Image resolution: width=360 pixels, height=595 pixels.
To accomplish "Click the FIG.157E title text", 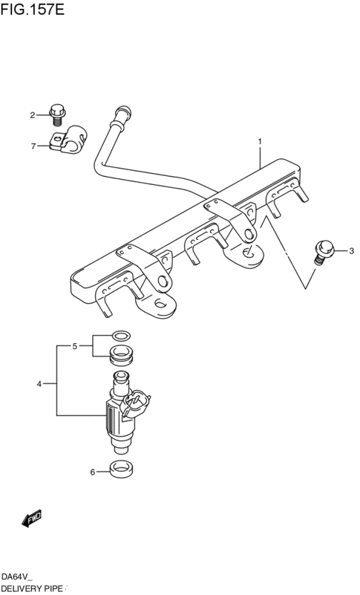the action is tap(33, 9).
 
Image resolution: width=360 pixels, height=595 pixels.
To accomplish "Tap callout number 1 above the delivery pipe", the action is tap(260, 142).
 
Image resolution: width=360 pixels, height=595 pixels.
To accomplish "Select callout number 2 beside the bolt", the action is tap(33, 115).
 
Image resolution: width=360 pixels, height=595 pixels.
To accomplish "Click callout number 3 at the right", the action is tap(351, 251).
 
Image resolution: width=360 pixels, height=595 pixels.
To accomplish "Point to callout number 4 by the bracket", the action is tap(39, 384).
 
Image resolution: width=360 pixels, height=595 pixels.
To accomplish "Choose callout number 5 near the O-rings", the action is tap(75, 346).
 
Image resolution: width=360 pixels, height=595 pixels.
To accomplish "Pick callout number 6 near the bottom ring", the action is tap(92, 472).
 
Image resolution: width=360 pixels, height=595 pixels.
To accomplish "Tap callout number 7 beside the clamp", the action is tap(33, 146).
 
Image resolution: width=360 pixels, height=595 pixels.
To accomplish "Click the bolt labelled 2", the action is tap(57, 114).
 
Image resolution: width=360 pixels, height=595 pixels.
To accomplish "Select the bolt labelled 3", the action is tap(324, 252).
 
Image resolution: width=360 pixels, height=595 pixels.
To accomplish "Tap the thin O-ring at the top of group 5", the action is tap(122, 336).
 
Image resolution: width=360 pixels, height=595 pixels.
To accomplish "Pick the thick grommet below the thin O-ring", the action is tap(121, 357).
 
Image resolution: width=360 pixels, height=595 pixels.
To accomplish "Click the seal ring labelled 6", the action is tap(122, 469).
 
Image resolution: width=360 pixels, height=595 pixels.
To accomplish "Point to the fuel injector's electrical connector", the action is tap(134, 404).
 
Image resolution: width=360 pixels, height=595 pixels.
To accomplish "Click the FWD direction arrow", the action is tap(32, 518).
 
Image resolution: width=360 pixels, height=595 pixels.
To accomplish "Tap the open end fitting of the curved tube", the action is tap(122, 113).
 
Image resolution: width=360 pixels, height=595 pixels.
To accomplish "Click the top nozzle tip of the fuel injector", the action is tap(121, 377).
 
